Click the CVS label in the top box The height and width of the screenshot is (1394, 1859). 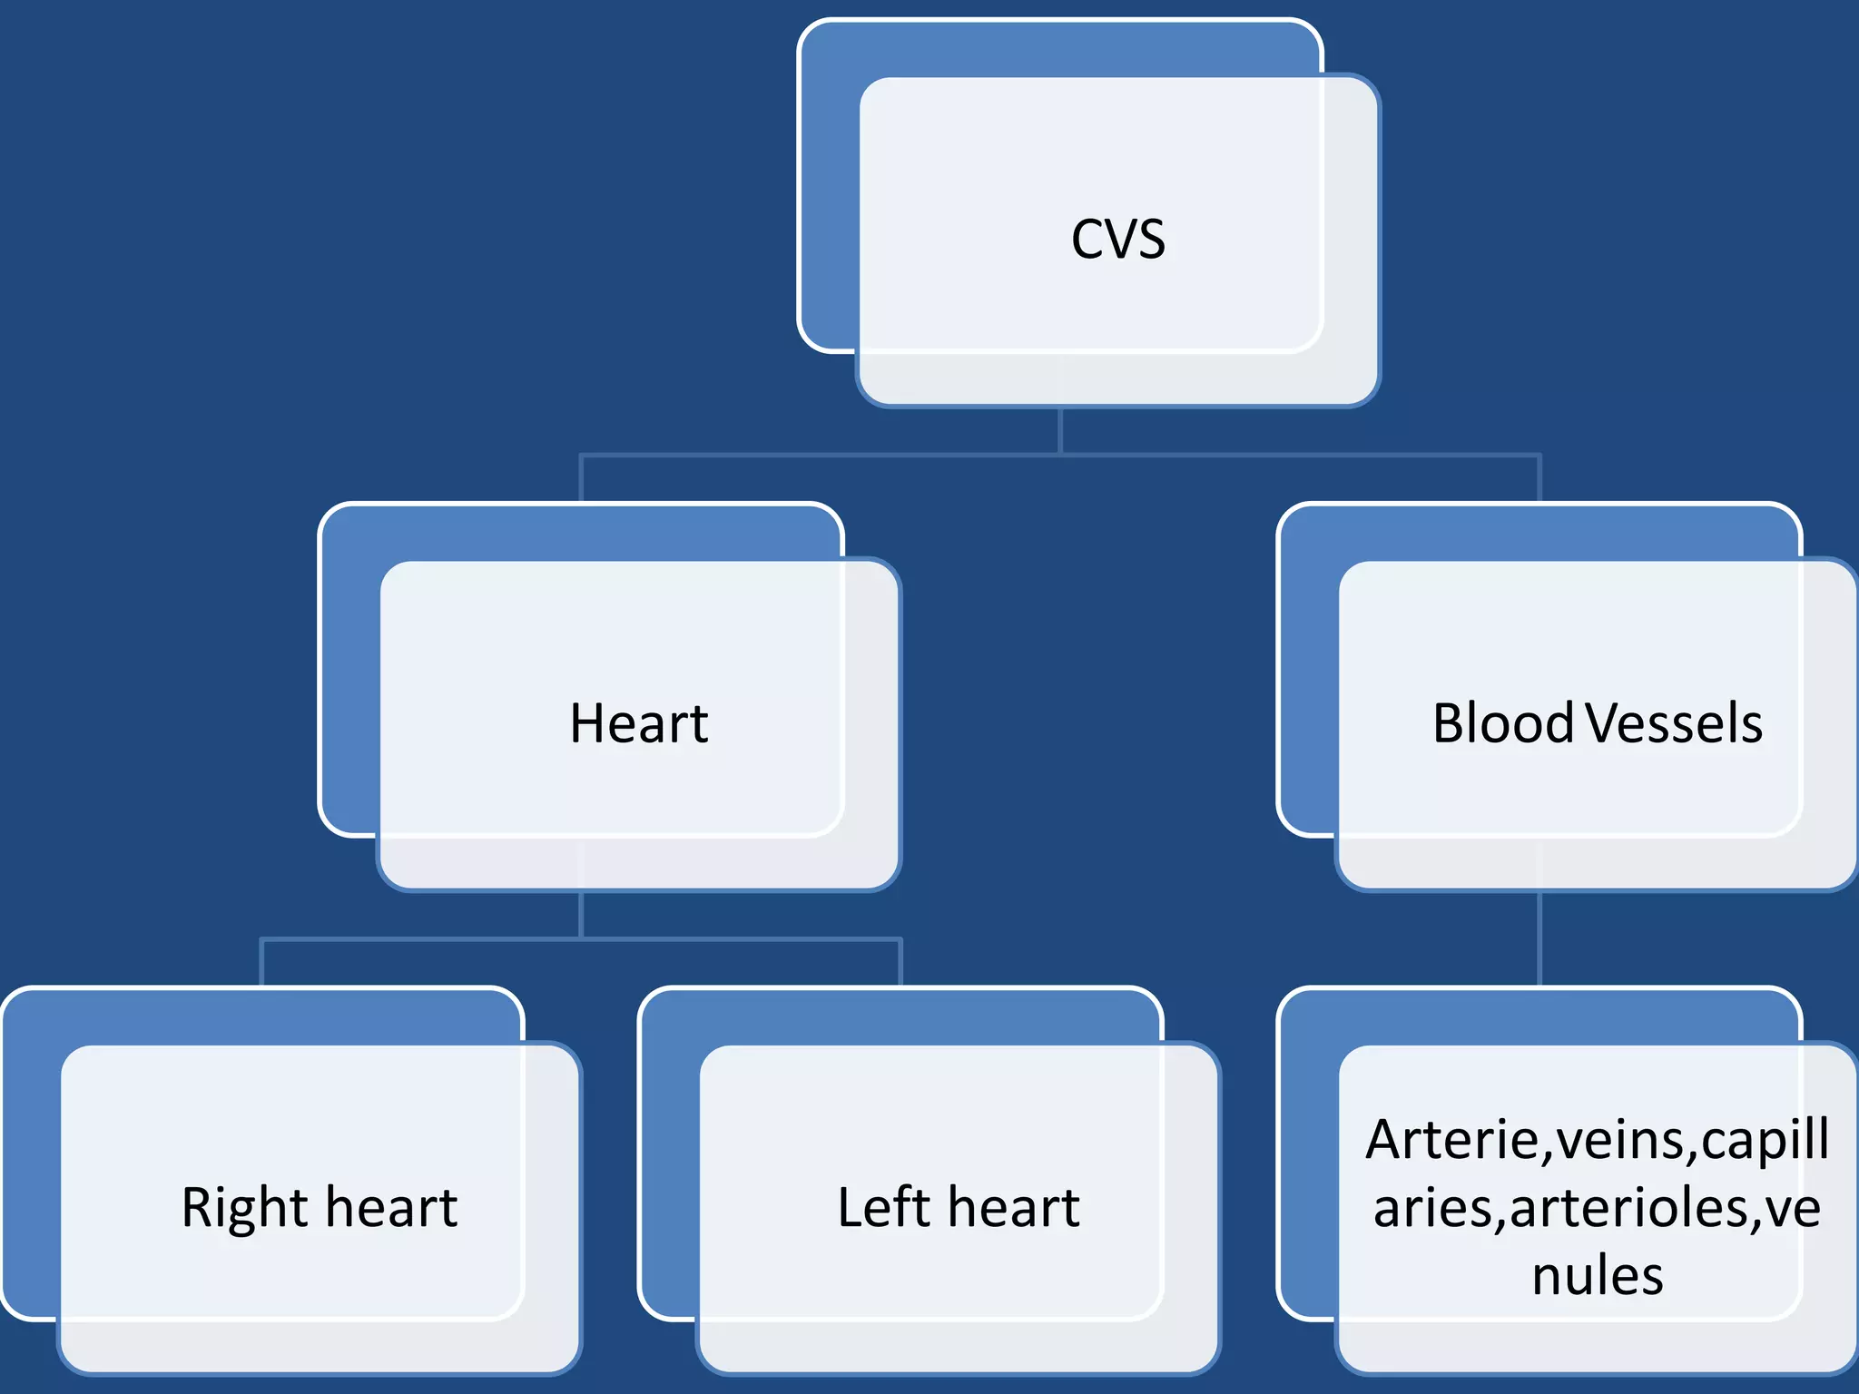pos(1117,240)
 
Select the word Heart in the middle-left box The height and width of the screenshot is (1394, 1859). pos(638,724)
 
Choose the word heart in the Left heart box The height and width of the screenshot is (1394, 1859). pos(1014,1209)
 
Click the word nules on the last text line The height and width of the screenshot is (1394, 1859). pos(1598,1275)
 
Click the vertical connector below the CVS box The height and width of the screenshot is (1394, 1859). pos(1060,430)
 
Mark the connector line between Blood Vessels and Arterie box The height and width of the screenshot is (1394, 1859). pos(1539,939)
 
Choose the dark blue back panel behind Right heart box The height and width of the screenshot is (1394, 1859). pos(31,1162)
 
